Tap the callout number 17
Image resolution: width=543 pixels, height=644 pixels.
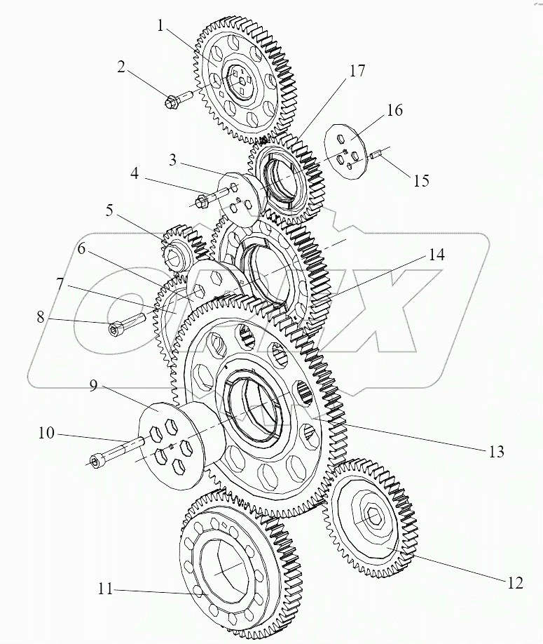pos(357,71)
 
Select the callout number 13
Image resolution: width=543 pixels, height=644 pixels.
pos(496,452)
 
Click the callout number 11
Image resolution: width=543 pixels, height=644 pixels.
pos(105,589)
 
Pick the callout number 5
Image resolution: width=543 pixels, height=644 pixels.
pos(109,212)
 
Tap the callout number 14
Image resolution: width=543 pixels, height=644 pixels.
pos(437,255)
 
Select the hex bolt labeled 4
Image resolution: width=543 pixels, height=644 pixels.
pos(211,196)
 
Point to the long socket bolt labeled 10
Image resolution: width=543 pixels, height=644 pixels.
pos(116,452)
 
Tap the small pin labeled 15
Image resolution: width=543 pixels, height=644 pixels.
pos(376,156)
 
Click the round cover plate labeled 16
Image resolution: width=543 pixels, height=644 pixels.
pos(345,151)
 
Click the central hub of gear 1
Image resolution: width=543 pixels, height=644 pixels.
pos(242,81)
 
